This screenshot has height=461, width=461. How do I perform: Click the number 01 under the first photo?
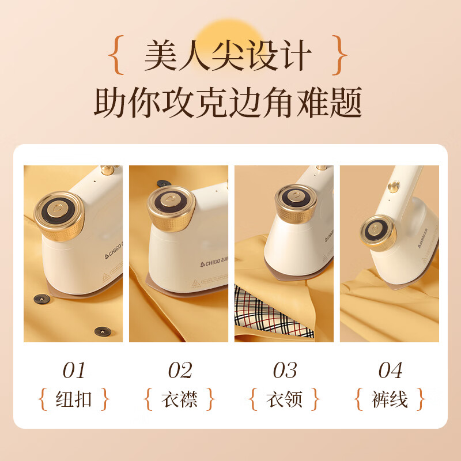tap(74, 370)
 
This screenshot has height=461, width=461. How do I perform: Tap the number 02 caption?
tap(180, 370)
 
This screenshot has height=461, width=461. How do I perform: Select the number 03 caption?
tap(285, 370)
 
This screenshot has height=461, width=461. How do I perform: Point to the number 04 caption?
tap(390, 370)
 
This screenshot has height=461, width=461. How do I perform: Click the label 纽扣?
tap(74, 399)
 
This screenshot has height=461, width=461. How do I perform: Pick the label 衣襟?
tap(179, 399)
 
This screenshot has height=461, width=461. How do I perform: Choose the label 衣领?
tap(284, 399)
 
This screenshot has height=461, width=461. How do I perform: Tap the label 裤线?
tap(390, 399)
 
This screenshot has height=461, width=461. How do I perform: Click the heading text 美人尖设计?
tap(228, 55)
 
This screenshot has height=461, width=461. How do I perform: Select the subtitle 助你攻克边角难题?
tap(228, 102)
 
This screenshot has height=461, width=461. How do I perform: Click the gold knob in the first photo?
tap(59, 215)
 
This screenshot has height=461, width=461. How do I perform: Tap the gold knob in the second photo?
tap(171, 207)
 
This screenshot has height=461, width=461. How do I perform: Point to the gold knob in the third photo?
tap(296, 203)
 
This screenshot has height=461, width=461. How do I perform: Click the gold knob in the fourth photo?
tap(378, 232)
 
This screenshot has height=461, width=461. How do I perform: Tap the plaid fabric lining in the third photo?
tap(272, 313)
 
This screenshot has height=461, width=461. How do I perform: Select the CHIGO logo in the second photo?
tap(214, 263)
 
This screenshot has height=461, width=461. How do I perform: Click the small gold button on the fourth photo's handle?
tap(394, 187)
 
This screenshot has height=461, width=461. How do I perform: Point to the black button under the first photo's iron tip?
tap(41, 299)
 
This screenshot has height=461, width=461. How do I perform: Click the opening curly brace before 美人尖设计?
tap(116, 55)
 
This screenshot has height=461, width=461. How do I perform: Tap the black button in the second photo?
tap(164, 183)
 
